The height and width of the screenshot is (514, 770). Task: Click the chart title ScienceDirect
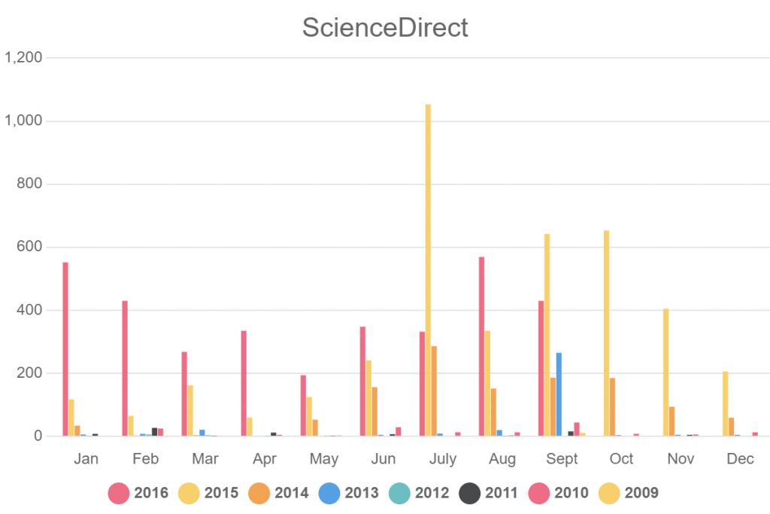[385, 28]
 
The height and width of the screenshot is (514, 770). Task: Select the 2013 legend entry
[350, 493]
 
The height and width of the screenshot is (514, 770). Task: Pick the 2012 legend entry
[419, 493]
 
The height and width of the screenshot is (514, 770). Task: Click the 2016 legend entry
[139, 493]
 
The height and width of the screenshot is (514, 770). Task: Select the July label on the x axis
[443, 459]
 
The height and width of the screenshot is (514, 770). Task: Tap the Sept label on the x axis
[562, 459]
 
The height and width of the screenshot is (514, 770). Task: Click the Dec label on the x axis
[741, 459]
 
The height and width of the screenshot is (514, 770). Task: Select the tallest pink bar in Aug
[481, 346]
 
